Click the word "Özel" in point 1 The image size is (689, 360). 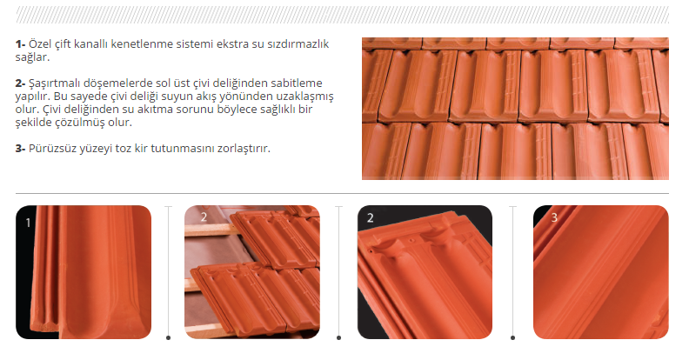[39, 43]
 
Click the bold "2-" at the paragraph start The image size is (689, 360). [20, 83]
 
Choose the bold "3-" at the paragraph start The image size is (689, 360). [20, 149]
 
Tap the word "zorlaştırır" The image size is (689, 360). [244, 149]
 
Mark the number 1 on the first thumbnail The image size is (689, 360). [28, 223]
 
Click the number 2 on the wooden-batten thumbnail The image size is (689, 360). [204, 217]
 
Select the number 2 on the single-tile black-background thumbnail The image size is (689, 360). [370, 217]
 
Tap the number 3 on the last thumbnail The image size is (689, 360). [554, 217]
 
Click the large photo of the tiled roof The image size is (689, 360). [515, 109]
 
